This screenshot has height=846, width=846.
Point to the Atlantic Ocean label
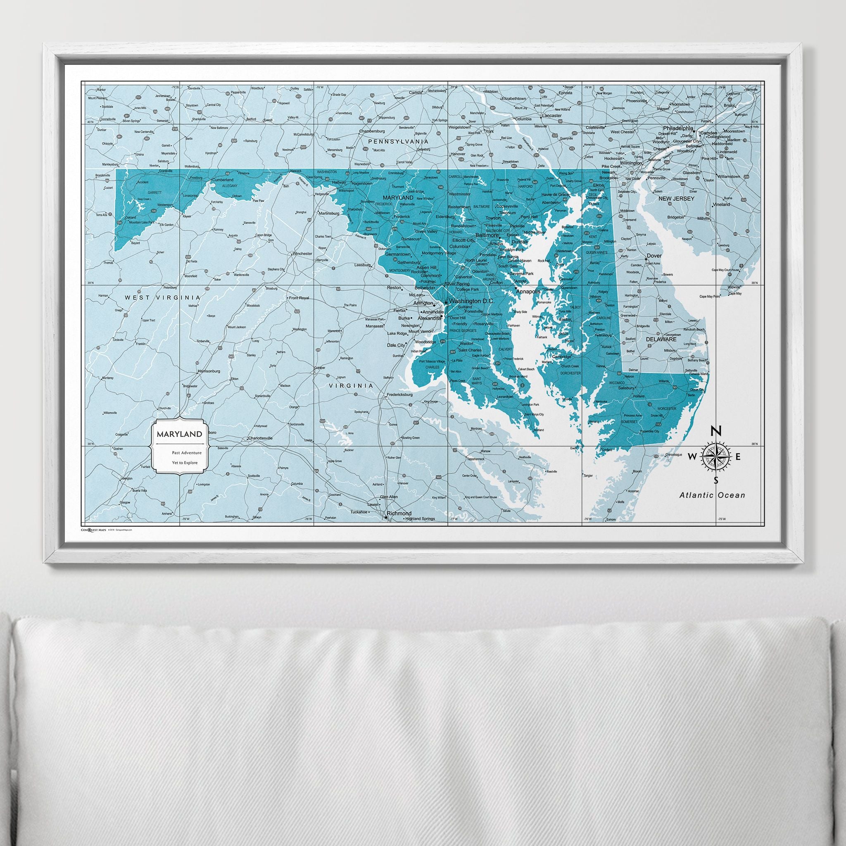712,495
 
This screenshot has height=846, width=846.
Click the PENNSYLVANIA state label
398,141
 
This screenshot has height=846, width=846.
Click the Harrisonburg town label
209,371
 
